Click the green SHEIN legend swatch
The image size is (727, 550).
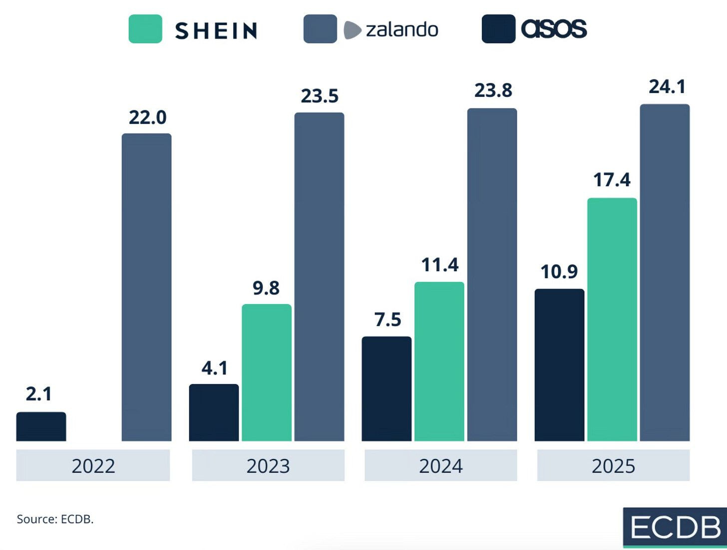(x=145, y=29)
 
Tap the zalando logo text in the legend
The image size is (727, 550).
(x=401, y=29)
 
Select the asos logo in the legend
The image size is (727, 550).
(x=554, y=29)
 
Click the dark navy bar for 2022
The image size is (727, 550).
(x=41, y=427)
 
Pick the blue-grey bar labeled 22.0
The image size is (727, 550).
(x=146, y=287)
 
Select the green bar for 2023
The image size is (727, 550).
(x=267, y=373)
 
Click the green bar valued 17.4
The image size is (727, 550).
(x=612, y=320)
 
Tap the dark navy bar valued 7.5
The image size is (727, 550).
(x=386, y=389)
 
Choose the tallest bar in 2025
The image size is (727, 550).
(x=665, y=273)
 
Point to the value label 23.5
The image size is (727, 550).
(x=320, y=96)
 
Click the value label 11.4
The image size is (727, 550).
(x=439, y=265)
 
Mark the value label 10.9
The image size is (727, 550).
(x=559, y=272)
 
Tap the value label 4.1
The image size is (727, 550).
(x=214, y=368)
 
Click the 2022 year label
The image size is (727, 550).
(x=93, y=466)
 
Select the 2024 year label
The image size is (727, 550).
(x=440, y=466)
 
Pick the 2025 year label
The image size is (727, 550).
(x=613, y=466)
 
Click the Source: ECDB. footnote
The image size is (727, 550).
(x=55, y=519)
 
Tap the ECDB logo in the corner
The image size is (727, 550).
(x=675, y=528)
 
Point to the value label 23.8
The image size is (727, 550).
(x=493, y=90)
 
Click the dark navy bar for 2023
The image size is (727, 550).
(x=214, y=413)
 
